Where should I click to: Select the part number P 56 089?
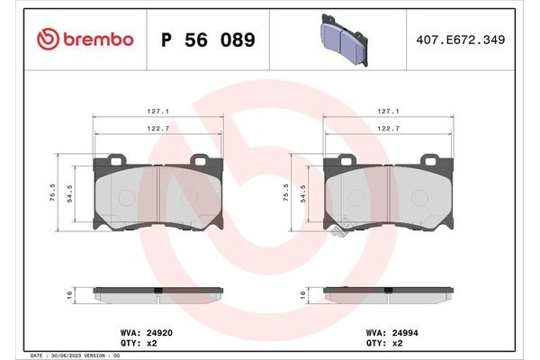tap(207, 40)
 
